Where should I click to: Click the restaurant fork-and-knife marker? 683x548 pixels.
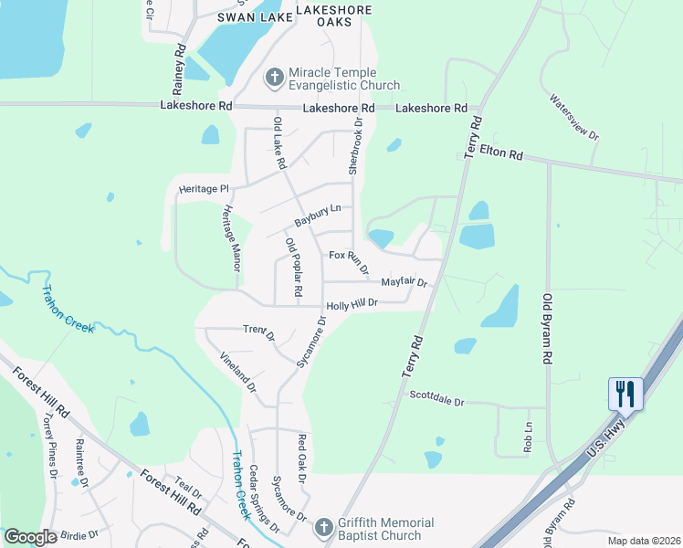625,394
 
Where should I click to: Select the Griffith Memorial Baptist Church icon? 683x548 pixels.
322,528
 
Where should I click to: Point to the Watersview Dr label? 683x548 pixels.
574,116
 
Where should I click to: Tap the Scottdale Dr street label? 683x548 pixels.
437,398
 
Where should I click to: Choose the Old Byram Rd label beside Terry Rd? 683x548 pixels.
548,330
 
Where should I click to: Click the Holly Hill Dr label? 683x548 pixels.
352,305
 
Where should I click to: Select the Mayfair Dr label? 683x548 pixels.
404,281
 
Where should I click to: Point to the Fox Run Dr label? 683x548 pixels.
349,262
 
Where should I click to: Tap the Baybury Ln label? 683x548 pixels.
317,216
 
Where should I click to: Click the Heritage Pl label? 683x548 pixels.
203,188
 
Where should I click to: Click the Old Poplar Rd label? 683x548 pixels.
293,267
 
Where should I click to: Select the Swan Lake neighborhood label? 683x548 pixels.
247,16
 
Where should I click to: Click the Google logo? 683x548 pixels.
30,537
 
